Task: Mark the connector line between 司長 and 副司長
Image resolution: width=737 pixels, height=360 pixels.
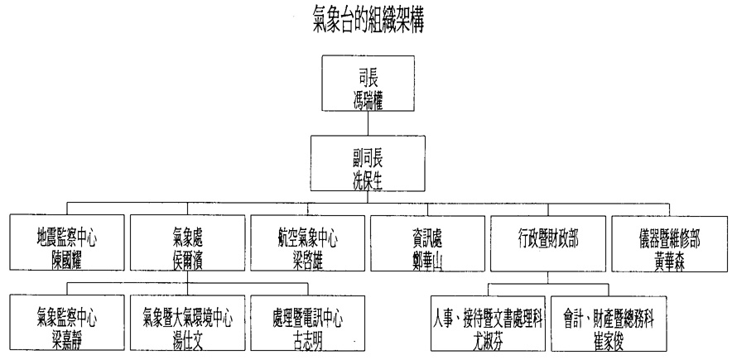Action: coord(368,125)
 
